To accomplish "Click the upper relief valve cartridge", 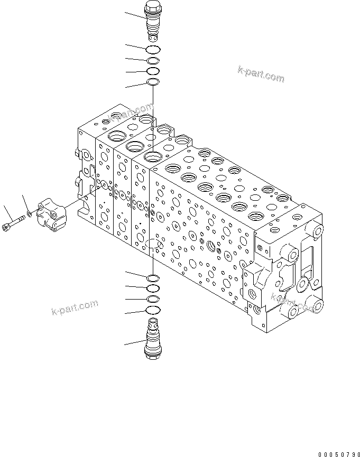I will pyautogui.click(x=153, y=21).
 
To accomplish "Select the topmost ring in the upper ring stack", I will pyautogui.click(x=153, y=50).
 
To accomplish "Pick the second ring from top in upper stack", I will pyautogui.click(x=153, y=61).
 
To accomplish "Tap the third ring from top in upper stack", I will pyautogui.click(x=153, y=71).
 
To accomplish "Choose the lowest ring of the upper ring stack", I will pyautogui.click(x=153, y=82).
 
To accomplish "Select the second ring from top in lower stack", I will pyautogui.click(x=153, y=288).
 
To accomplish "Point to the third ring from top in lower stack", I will pyautogui.click(x=152, y=299).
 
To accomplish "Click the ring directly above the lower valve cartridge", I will pyautogui.click(x=152, y=311).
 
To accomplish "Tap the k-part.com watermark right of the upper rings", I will pyautogui.click(x=261, y=75).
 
